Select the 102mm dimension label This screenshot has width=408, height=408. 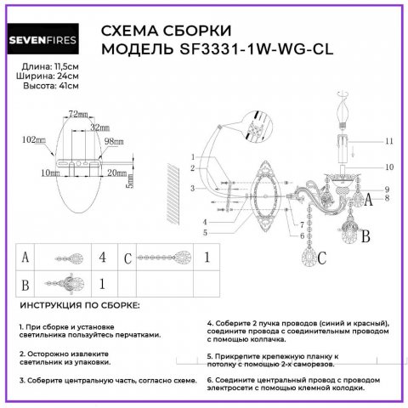[x=35, y=139]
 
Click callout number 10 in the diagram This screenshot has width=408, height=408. [x=389, y=167]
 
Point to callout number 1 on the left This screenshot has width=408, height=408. [x=193, y=156]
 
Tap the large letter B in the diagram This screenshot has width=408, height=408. [x=365, y=238]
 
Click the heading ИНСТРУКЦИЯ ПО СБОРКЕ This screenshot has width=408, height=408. [x=79, y=305]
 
